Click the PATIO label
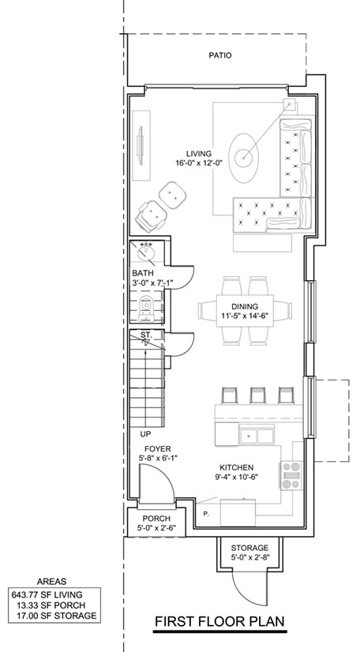coord(220,55)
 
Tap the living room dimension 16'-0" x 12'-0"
coord(199,163)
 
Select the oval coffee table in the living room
coord(244,157)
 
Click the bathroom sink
coord(146,253)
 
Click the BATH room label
coord(143,273)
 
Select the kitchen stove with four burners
coord(291,475)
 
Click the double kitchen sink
coord(257,436)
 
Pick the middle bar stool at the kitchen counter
coord(257,395)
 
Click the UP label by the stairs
coord(145,434)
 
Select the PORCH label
coord(156,519)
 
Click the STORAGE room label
coord(249,548)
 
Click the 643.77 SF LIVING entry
coord(47,595)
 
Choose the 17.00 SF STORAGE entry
coord(56,616)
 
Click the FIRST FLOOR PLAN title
coord(220,622)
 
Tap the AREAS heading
coord(51,582)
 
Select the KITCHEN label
coord(237,468)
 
